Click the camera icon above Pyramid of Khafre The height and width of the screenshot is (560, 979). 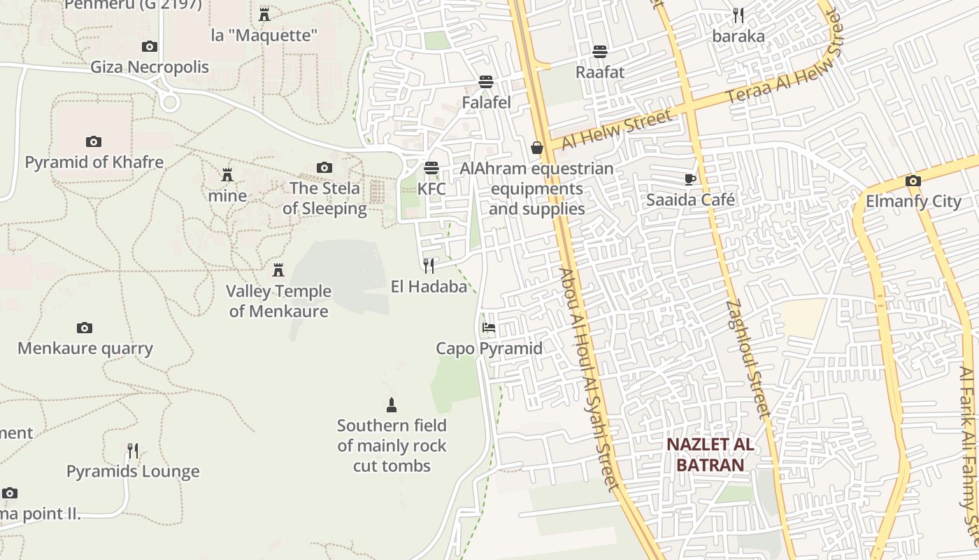[x=94, y=141]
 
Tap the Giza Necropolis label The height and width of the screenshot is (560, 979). [x=150, y=67]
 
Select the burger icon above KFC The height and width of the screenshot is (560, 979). [x=431, y=168]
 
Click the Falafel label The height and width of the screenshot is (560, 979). [x=487, y=102]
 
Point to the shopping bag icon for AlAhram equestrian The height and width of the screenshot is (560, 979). [x=537, y=148]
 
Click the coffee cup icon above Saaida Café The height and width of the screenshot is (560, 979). [x=690, y=179]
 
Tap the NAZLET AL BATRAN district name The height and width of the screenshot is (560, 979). [x=710, y=454]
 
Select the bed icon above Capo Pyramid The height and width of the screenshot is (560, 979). [x=489, y=328]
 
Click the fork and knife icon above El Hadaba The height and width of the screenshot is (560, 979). [x=429, y=265]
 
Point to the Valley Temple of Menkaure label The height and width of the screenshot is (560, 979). [x=278, y=301]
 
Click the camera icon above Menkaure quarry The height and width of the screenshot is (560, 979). [x=85, y=328]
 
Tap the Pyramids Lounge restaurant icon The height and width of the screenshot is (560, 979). [x=133, y=450]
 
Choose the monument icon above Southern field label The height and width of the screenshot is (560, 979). [x=392, y=405]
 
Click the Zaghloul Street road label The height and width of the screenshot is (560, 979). [x=748, y=358]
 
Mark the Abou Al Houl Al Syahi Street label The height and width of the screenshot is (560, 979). [x=589, y=378]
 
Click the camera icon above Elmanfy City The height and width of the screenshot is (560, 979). [x=913, y=181]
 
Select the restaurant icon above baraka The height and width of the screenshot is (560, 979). [x=738, y=15]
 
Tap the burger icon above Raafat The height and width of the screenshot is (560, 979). [x=600, y=51]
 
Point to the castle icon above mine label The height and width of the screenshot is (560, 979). [x=227, y=175]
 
